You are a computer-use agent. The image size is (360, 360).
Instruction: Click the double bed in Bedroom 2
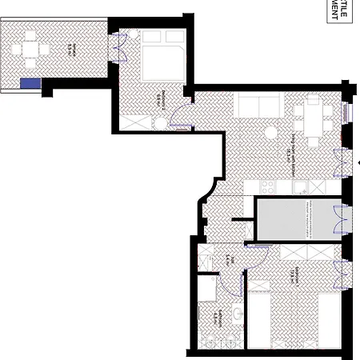click(x=163, y=59)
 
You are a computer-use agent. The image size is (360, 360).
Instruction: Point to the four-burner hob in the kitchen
click(x=268, y=185)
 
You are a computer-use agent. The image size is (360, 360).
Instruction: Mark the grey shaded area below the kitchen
click(x=294, y=219)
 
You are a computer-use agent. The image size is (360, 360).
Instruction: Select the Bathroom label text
click(x=216, y=314)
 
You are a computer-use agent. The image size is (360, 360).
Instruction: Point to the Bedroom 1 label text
click(x=298, y=273)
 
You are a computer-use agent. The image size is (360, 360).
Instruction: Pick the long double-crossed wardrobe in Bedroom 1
click(x=304, y=252)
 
